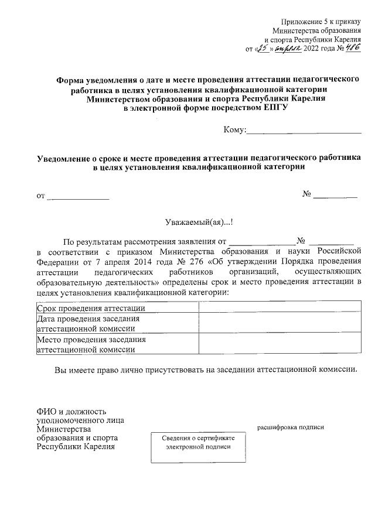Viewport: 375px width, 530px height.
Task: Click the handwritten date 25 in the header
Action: (266, 49)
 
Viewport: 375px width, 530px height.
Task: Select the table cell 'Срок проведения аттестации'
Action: (91, 309)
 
